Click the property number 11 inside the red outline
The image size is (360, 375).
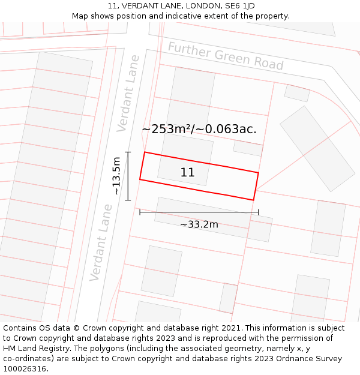click(x=187, y=173)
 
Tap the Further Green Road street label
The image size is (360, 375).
click(x=226, y=56)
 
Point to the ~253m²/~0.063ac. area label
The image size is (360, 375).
click(x=199, y=129)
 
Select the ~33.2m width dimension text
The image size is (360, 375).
click(x=199, y=224)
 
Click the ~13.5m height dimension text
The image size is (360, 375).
click(x=116, y=175)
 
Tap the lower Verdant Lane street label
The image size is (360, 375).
click(x=101, y=242)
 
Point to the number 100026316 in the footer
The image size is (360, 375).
click(x=25, y=369)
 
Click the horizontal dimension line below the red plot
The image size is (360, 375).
click(x=199, y=212)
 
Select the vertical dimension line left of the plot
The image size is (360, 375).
click(x=128, y=176)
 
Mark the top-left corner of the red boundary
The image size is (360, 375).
click(x=145, y=152)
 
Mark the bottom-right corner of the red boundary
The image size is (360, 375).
click(x=253, y=200)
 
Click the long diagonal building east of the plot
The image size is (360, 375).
click(x=317, y=148)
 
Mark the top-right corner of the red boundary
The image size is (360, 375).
click(x=258, y=173)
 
